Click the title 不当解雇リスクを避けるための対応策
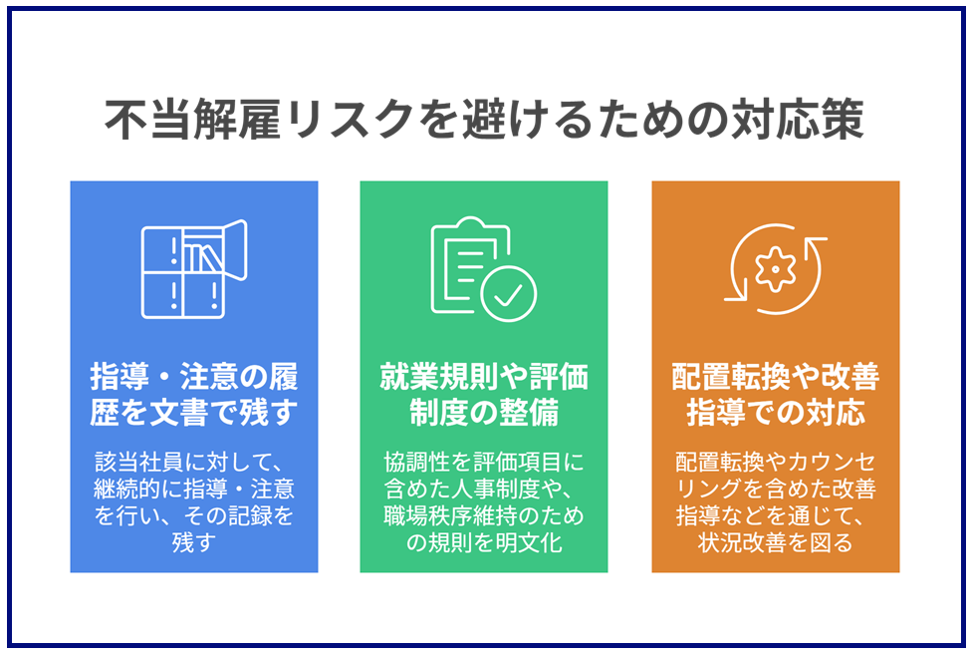pos(484,119)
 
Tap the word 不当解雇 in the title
pos(193,119)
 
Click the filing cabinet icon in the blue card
pos(194,269)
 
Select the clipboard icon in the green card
pos(484,269)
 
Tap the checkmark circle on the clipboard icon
pos(509,294)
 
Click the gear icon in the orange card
pos(775,269)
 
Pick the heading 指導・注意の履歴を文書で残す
pos(194,394)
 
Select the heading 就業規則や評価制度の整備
pos(484,394)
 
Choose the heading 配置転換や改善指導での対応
pos(776,394)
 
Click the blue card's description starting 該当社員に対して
pos(194,502)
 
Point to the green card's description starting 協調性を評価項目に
pos(484,502)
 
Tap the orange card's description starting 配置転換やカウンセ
pos(776,502)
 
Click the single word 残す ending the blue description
pos(194,542)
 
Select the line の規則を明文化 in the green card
pos(484,542)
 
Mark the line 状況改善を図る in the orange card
pos(776,542)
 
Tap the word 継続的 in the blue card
pos(127,490)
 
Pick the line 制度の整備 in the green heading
pos(484,412)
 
